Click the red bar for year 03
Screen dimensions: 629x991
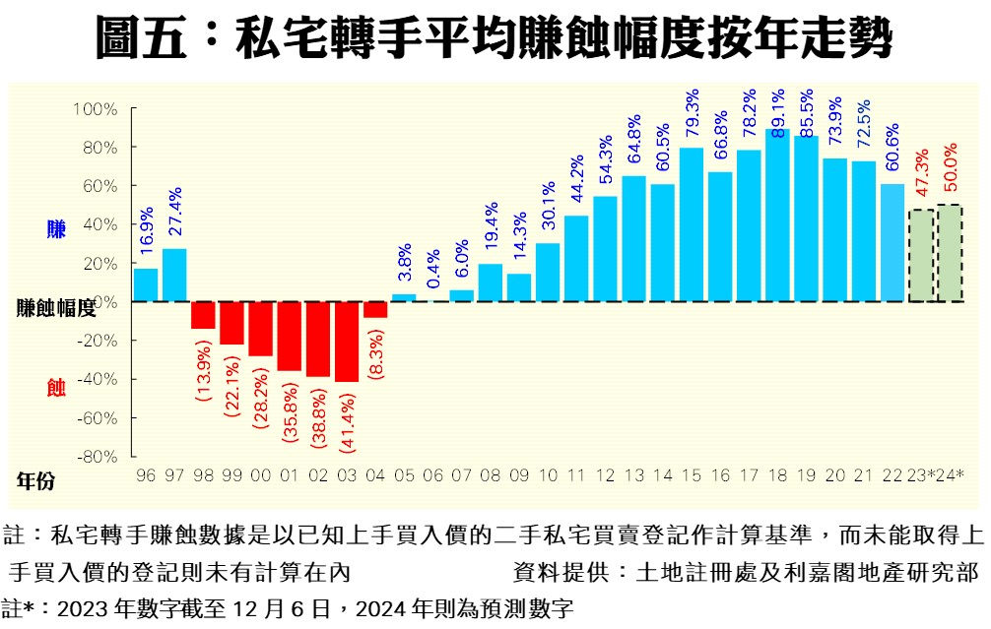(x=347, y=341)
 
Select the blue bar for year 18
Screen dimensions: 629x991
(x=777, y=215)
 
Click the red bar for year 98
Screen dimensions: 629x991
(x=203, y=315)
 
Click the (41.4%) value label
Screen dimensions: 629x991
(x=348, y=417)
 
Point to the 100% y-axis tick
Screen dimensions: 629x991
(x=97, y=108)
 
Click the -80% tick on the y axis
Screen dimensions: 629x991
(x=97, y=457)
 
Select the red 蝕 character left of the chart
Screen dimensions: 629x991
(x=56, y=388)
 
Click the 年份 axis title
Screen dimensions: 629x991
(x=36, y=480)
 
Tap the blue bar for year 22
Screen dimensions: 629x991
(x=892, y=242)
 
